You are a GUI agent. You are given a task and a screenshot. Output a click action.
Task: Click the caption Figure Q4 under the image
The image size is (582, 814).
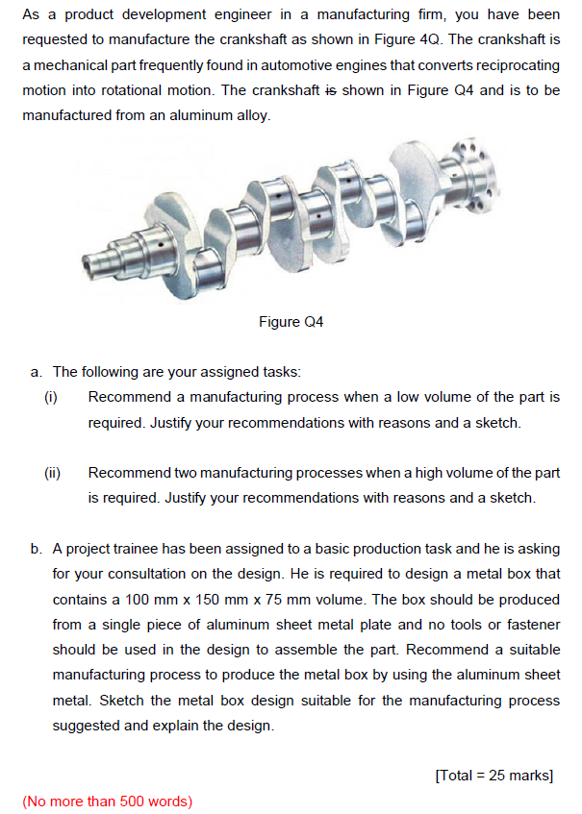point(291,322)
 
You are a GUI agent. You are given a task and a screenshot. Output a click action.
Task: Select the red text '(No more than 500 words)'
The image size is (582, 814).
point(107,801)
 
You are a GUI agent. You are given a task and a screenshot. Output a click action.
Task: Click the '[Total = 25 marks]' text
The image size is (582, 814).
point(494,776)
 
